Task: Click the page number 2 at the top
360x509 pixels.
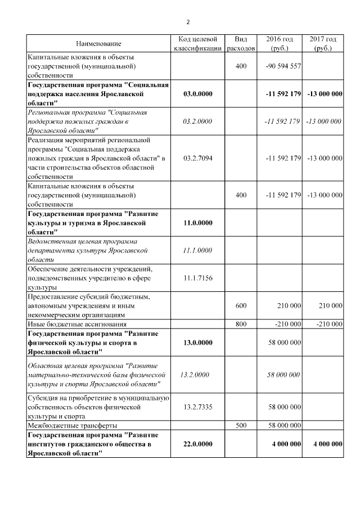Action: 188,22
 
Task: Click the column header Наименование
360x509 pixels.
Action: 98,43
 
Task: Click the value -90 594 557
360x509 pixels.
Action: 283,66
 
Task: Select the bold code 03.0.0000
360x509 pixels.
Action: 197,93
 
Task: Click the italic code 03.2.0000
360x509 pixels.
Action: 197,121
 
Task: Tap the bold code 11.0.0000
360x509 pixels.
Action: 197,223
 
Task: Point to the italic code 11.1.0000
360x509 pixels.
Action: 197,250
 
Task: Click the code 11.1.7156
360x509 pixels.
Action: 197,278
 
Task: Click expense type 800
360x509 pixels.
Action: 241,324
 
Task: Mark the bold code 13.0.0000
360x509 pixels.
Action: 197,342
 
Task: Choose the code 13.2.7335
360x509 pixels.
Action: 197,406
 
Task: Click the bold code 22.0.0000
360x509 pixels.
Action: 197,444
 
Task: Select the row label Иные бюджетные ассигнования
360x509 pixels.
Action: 77,324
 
